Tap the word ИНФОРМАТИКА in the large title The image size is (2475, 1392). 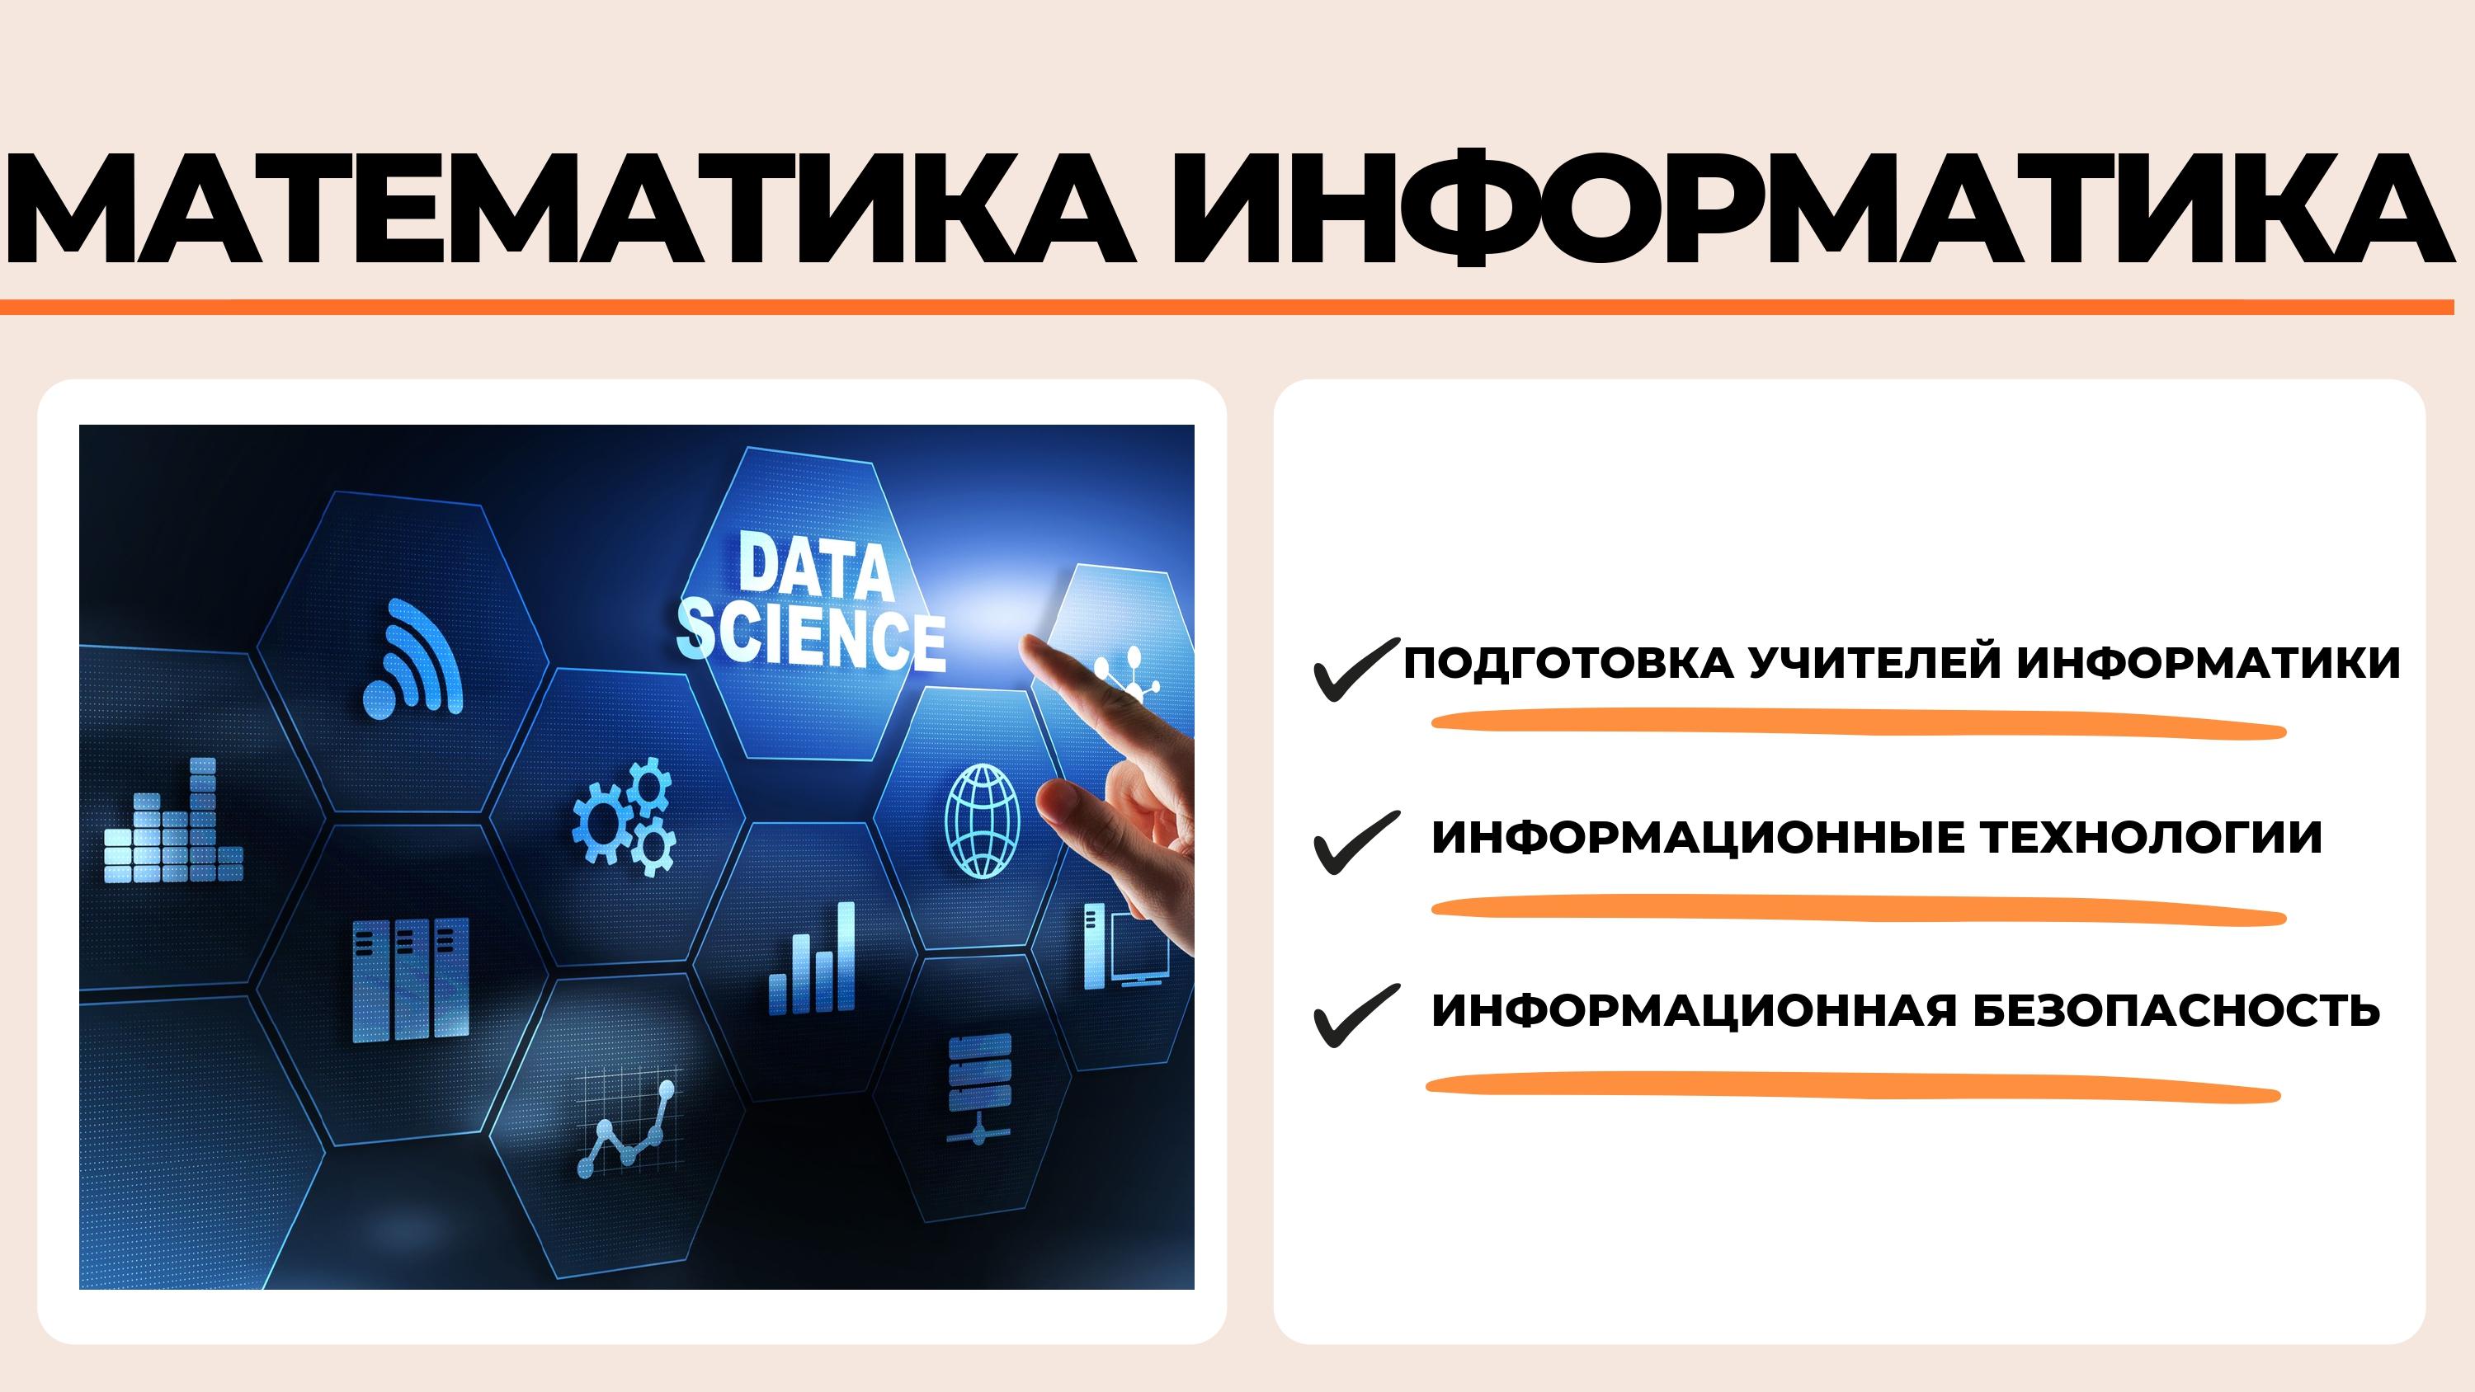(1812, 209)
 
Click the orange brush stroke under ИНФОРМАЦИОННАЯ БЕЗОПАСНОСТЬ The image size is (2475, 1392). (1852, 1088)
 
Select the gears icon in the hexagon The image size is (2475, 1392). (625, 817)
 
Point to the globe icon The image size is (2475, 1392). (982, 821)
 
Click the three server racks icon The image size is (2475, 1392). (410, 980)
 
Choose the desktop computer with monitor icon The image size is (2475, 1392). (1127, 946)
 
